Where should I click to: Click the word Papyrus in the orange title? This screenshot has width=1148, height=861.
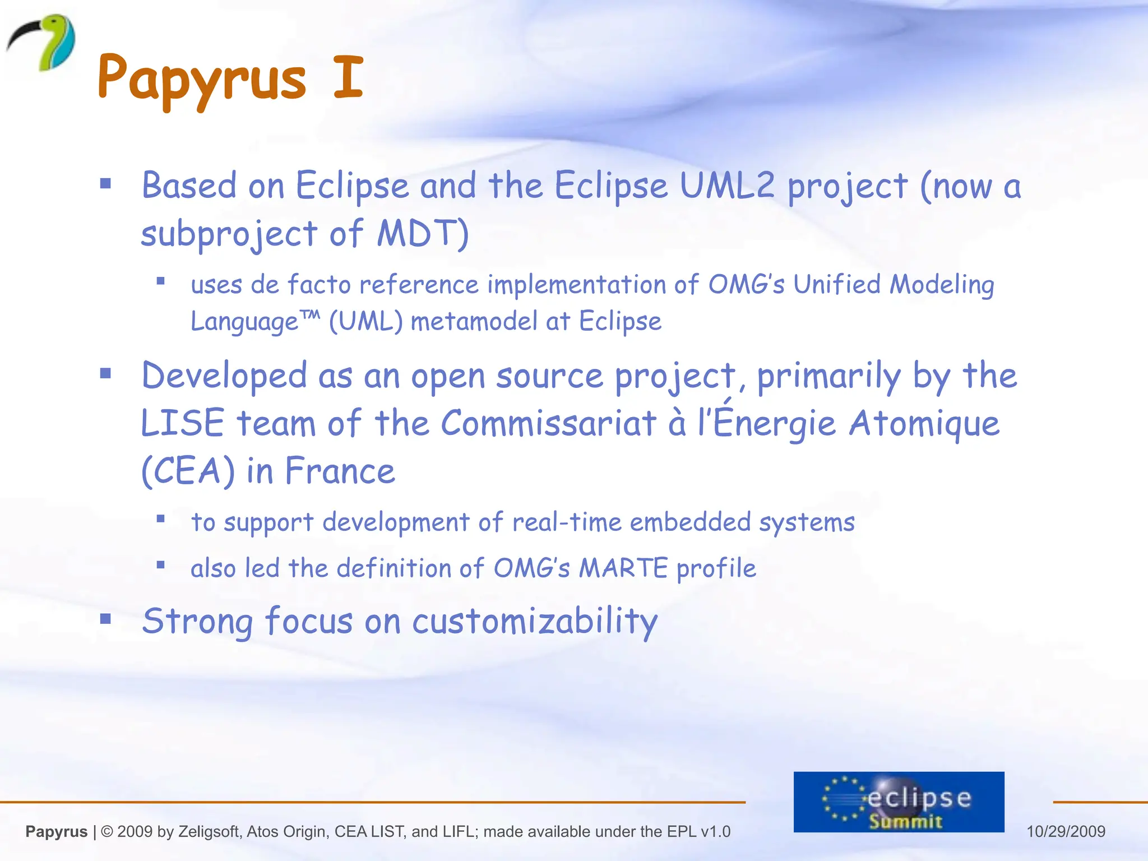click(202, 78)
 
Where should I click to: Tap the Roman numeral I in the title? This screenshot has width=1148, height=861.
click(348, 77)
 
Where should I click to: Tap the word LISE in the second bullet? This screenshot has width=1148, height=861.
click(182, 423)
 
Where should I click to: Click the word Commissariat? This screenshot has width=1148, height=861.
click(548, 423)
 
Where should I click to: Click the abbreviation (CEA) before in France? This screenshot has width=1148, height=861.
click(188, 471)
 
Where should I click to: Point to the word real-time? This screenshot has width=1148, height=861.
click(567, 522)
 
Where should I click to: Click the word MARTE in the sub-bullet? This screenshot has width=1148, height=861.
click(623, 568)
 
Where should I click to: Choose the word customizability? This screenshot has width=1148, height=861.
click(535, 621)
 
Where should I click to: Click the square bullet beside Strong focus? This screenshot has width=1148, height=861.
click(105, 619)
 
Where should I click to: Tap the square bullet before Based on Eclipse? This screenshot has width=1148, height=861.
click(105, 183)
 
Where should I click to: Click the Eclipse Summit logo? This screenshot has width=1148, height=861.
click(899, 802)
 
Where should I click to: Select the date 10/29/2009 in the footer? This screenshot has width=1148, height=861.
click(1066, 831)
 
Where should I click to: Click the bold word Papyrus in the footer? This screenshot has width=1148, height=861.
click(57, 831)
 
